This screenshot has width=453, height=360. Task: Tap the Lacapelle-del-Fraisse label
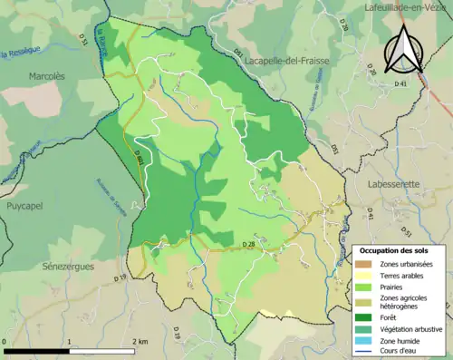pos(287,60)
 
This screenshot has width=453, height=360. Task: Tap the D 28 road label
pos(248,245)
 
